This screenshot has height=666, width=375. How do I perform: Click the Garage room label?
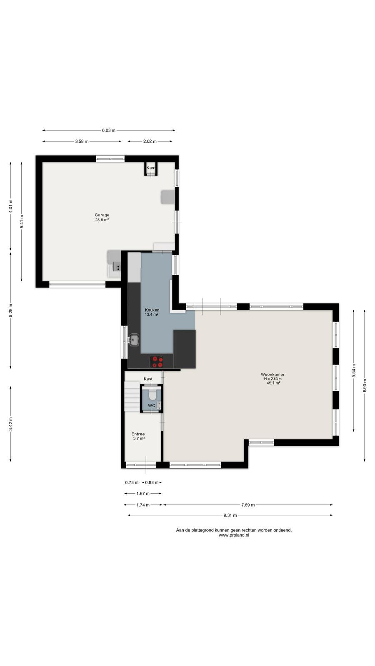pos(102,215)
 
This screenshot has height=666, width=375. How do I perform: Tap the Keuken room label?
pos(152,310)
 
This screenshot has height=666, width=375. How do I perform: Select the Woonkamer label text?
pos(272,375)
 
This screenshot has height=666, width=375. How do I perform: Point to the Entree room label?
pos(138,434)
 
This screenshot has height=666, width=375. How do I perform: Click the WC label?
pos(152,405)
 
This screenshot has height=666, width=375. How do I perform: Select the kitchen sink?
pos(134,340)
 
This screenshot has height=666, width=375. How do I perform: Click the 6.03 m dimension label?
pos(109,130)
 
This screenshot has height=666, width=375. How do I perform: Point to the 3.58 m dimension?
pos(82,142)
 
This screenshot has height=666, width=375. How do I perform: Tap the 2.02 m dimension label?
pos(150,142)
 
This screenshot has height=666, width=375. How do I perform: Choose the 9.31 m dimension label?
pos(230,515)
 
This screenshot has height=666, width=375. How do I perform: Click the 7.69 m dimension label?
pos(248,505)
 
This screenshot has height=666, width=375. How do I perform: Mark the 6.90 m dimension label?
pos(365,385)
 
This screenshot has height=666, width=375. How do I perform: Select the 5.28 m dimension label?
pos(10,311)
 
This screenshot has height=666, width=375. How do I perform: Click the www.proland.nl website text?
pos(234,535)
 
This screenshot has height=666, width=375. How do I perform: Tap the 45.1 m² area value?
pos(273,383)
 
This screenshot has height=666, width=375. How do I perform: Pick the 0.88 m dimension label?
pos(152,482)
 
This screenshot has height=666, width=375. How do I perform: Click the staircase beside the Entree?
pos(132,397)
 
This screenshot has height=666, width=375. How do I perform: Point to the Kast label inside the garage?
pos(151,168)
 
